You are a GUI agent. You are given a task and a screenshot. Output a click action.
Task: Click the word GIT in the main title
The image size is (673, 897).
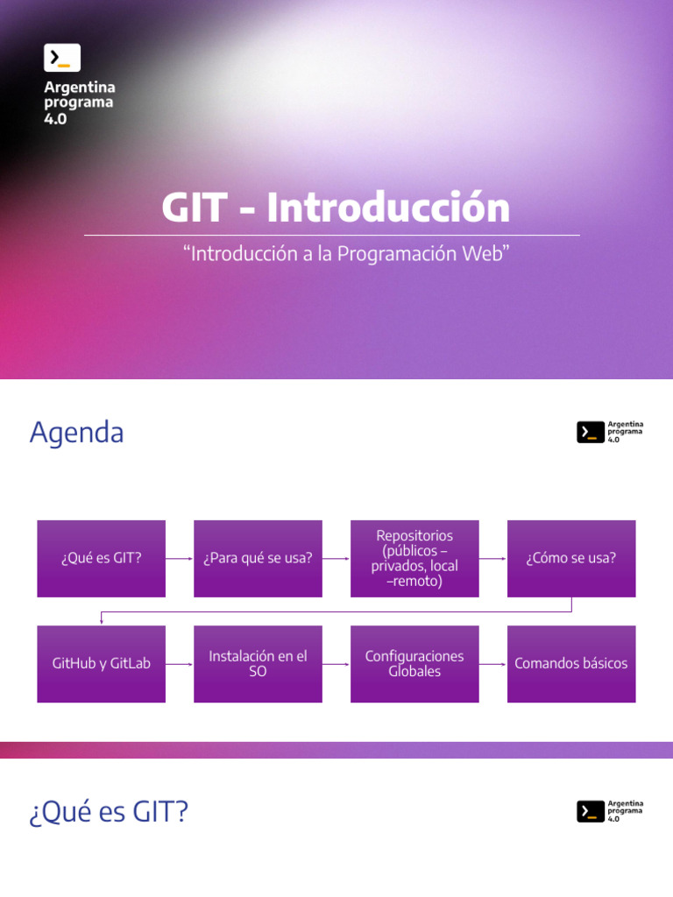(x=194, y=208)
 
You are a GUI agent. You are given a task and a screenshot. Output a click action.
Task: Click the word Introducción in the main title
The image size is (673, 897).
(x=388, y=208)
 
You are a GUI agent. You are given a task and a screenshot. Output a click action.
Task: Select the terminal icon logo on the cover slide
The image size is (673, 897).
(x=62, y=58)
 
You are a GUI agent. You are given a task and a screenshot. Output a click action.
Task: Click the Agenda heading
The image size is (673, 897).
(x=76, y=433)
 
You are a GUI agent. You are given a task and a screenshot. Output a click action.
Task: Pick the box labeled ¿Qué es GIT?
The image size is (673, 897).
(x=101, y=558)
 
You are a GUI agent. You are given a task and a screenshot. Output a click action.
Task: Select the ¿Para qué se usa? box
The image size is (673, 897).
(x=258, y=558)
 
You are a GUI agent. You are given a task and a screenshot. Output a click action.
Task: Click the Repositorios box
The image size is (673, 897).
(x=414, y=558)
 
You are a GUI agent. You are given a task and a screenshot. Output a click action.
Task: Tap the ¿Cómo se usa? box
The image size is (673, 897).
(x=571, y=558)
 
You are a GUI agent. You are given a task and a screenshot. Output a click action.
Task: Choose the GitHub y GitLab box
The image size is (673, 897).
(x=101, y=663)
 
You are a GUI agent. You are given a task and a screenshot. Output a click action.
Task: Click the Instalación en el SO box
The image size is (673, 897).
(x=258, y=663)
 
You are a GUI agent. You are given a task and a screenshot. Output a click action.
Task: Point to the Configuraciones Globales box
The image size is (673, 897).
(x=414, y=663)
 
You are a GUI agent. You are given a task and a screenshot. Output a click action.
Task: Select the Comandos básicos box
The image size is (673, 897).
(x=571, y=663)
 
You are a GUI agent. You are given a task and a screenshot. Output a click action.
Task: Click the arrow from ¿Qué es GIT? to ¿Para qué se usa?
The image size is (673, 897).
(x=180, y=558)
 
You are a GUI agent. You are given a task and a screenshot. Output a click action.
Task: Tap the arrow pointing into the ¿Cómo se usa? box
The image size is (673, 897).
(x=493, y=558)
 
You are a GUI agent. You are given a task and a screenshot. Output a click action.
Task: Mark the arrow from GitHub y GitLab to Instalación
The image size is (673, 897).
(x=180, y=663)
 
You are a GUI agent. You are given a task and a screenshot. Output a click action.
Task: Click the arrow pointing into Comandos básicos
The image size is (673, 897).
(x=493, y=663)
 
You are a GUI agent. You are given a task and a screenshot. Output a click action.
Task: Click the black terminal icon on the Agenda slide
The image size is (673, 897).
(x=590, y=432)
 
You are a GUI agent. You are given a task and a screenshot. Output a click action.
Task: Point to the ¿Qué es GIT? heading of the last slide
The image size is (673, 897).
(x=109, y=813)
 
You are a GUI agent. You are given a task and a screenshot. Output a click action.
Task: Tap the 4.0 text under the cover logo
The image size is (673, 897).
(x=55, y=119)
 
